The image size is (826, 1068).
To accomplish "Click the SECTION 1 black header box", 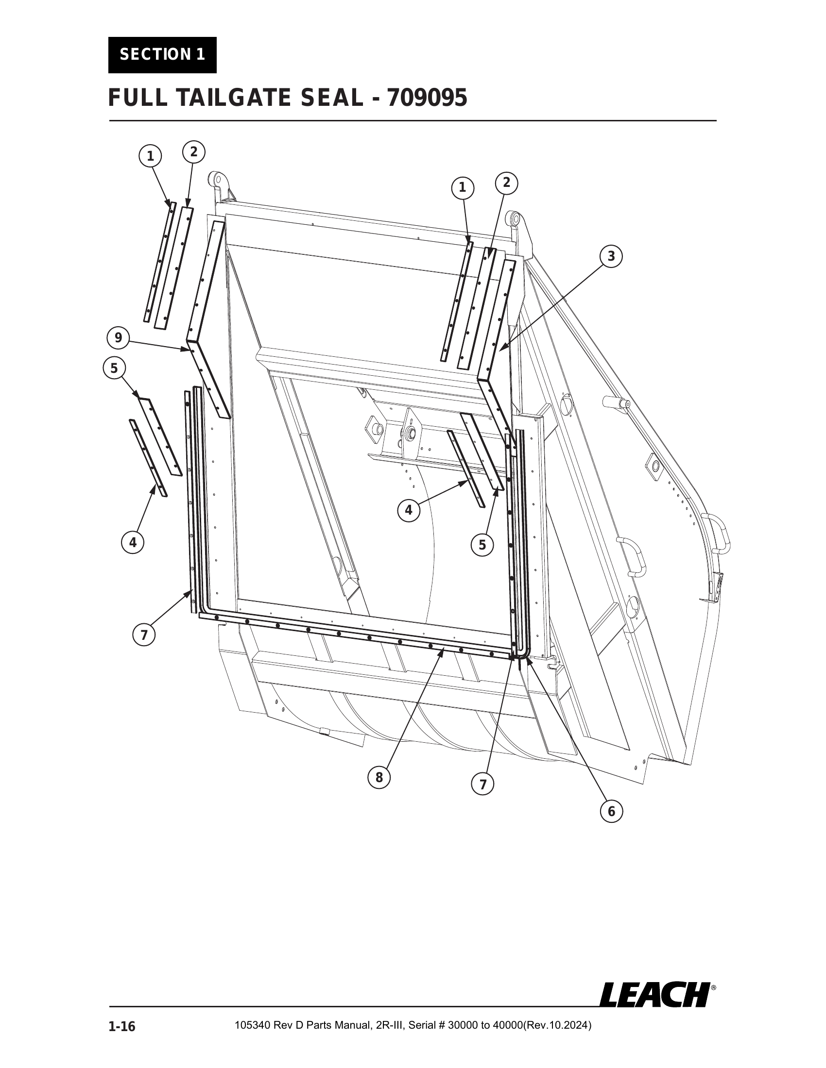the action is tap(162, 55).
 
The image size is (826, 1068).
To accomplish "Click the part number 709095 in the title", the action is tap(427, 98).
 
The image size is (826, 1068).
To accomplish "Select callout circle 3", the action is tap(611, 256).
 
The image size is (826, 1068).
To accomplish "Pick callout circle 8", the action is tap(379, 778).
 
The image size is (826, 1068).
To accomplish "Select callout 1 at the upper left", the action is tap(151, 156).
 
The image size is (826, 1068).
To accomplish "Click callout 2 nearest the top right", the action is tap(506, 183).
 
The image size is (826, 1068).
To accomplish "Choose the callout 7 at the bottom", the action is tap(483, 784).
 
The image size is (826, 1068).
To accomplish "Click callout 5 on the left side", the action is tap(114, 368).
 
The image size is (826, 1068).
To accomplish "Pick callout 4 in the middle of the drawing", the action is tap(409, 511).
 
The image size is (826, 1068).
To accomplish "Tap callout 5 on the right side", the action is tap(482, 545).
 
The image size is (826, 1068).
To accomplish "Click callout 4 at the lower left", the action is tap(133, 542).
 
